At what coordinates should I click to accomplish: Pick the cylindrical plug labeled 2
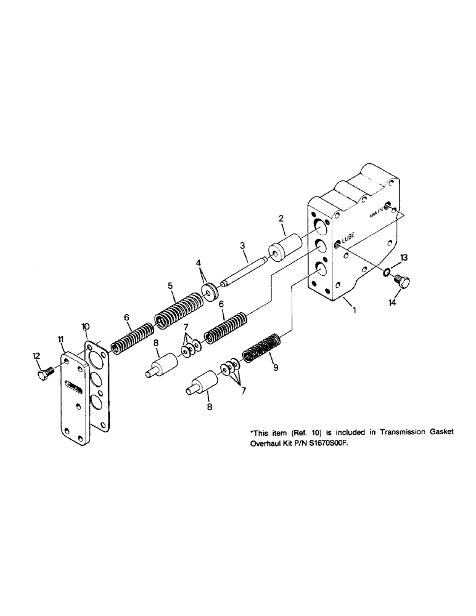pos(283,248)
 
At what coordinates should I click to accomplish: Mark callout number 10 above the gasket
pos(85,325)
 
